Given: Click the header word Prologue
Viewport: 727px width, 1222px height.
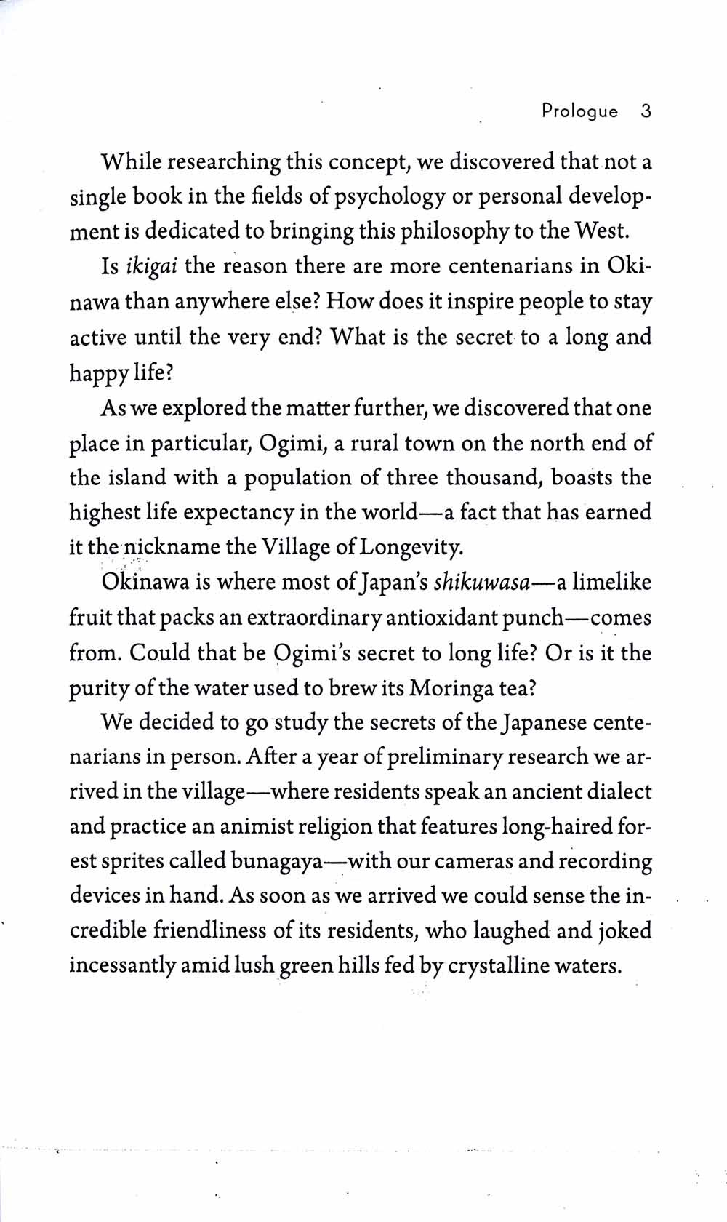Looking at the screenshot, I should click(579, 111).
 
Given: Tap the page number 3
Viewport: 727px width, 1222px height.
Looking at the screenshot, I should click(646, 111).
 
